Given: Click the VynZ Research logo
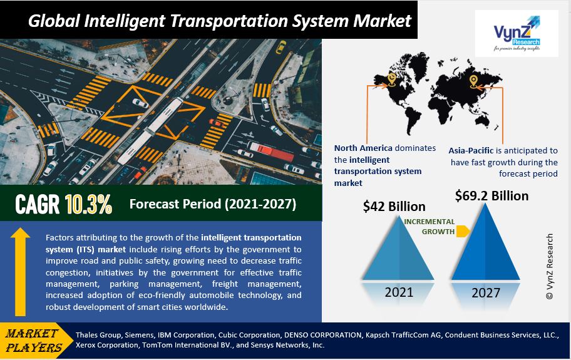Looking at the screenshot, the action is [x=517, y=33].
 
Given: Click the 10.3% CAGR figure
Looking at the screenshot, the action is [x=88, y=205].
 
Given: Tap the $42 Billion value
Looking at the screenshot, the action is [x=394, y=207].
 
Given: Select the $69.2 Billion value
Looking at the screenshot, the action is [x=491, y=196].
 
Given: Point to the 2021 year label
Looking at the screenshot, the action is [x=399, y=292].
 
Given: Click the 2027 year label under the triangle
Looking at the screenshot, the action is [x=486, y=292].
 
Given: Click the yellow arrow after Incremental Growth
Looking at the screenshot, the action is [x=463, y=231].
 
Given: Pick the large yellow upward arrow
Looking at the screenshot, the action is [x=20, y=272].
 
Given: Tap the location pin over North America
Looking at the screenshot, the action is [x=391, y=80].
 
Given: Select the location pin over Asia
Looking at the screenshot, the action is [x=473, y=81].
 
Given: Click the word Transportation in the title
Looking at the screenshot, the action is [x=229, y=21].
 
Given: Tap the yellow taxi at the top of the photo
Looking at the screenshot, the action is [x=280, y=47].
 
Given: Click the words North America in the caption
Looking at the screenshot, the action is [x=363, y=148].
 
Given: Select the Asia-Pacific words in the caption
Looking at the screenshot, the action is [x=471, y=151].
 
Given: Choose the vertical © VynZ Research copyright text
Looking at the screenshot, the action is [x=550, y=267].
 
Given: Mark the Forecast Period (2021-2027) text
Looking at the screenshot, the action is [x=213, y=204].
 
